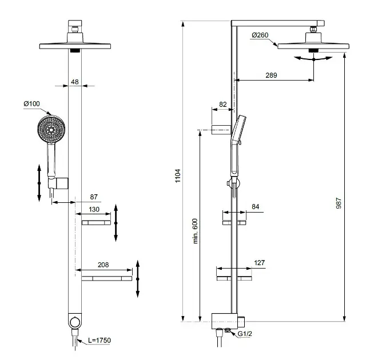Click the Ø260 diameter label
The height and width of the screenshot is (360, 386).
point(260,35)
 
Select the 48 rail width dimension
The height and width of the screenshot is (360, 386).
point(75,82)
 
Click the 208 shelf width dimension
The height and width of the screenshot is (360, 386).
point(104,265)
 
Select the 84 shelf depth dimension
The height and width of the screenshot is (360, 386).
point(255,207)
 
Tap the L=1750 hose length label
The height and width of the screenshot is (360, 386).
point(100,341)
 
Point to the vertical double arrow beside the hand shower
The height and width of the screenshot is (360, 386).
point(39,182)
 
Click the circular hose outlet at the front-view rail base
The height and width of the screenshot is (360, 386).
point(74,322)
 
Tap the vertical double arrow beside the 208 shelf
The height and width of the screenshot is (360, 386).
point(138,278)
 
